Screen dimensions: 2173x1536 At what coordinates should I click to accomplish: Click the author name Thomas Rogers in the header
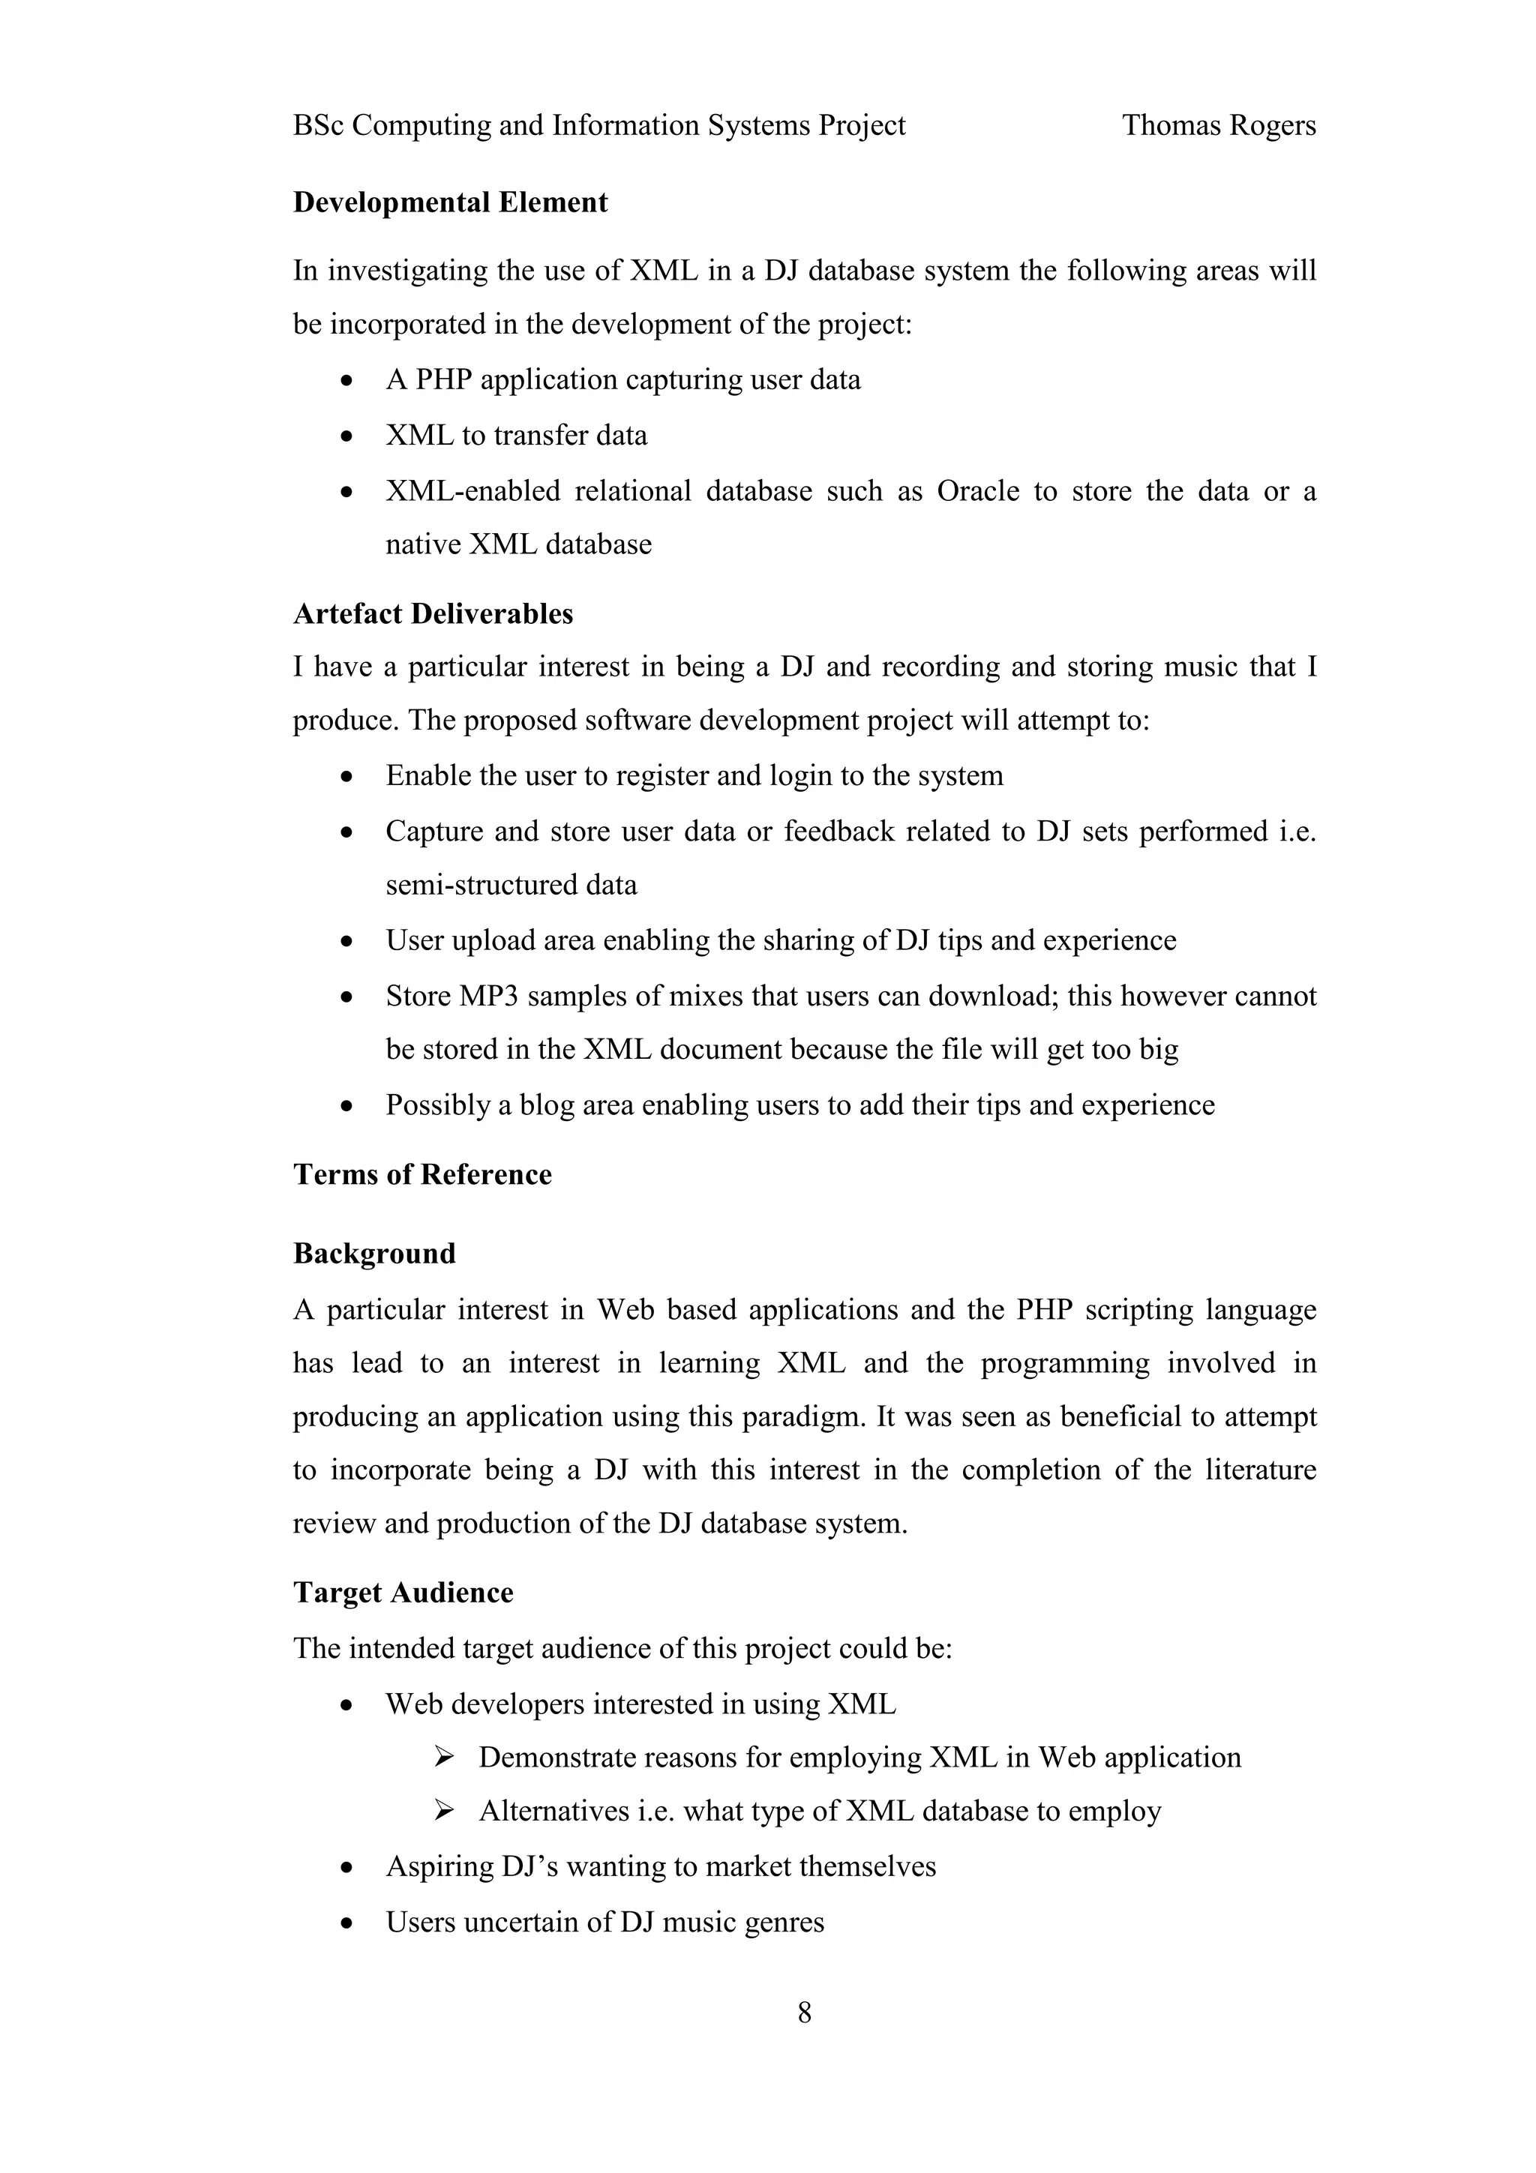[1218, 125]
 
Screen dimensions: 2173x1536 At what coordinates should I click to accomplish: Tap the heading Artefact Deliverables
[433, 614]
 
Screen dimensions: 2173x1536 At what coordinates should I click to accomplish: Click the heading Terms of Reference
[422, 1174]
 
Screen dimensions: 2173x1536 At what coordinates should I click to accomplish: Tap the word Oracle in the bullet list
[978, 491]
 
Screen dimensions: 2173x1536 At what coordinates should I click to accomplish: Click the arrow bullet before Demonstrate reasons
[443, 1758]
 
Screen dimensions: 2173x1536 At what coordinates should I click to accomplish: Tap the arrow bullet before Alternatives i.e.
[443, 1812]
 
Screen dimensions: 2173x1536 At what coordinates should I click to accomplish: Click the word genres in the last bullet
[784, 1923]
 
